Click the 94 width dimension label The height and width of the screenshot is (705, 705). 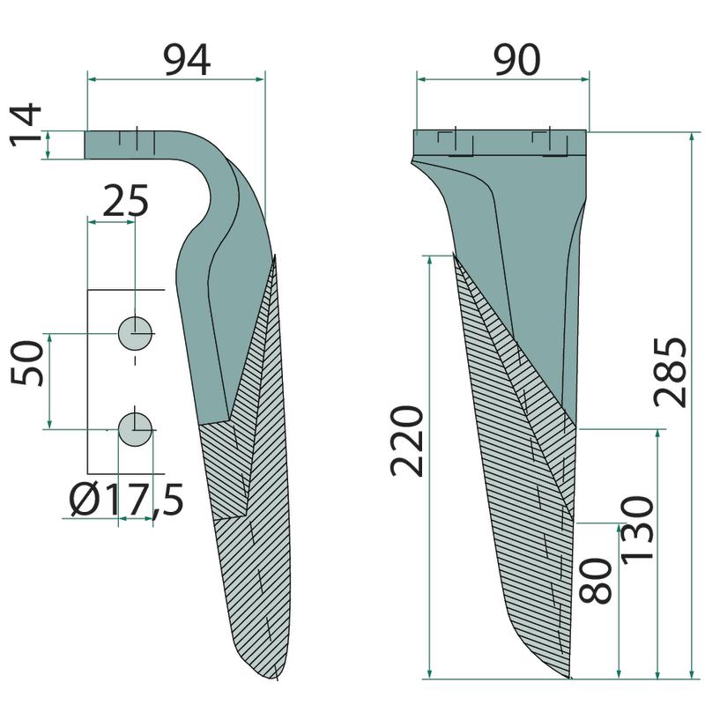187,60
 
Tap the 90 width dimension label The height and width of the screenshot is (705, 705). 516,60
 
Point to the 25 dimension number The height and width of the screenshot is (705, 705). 125,200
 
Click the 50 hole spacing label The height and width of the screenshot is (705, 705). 26,363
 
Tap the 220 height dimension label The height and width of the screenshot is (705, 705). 406,441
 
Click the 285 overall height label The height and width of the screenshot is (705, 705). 670,372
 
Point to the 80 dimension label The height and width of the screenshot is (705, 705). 596,581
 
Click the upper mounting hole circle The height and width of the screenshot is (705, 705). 135,333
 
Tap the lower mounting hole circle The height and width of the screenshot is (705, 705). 135,429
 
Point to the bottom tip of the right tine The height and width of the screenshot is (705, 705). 570,678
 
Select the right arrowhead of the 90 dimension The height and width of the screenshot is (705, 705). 585,79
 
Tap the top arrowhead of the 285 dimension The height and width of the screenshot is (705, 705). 692,137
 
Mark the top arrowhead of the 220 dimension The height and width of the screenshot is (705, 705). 430,261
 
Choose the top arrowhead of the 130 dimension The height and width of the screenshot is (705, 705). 658,434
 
